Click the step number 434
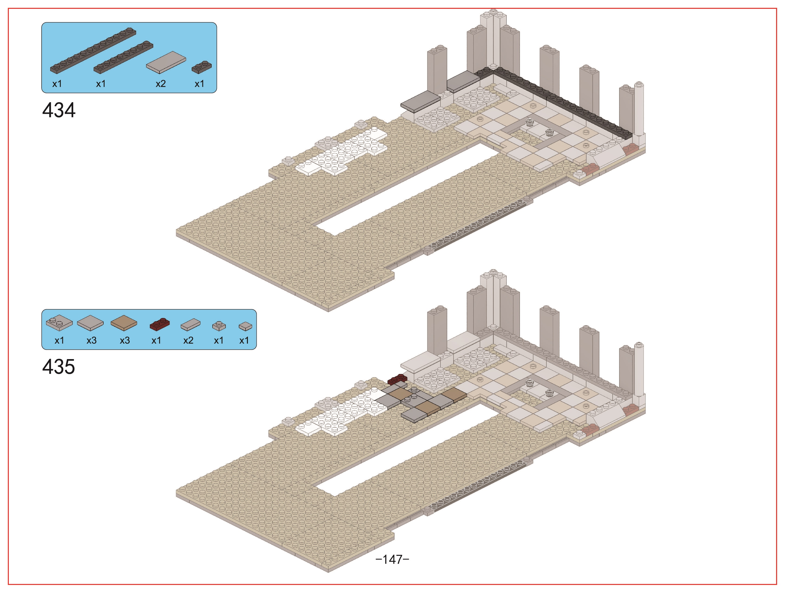59,110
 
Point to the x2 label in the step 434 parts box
161,84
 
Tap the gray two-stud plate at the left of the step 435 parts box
59,322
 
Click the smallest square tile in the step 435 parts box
245,326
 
